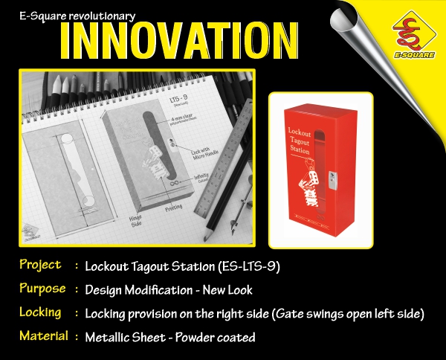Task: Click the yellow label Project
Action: [40, 265]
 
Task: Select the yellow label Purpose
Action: [42, 289]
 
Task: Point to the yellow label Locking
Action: [40, 312]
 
